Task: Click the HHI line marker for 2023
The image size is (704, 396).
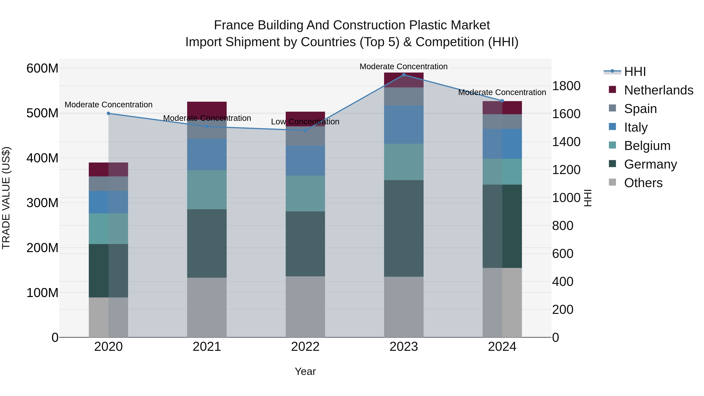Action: click(x=404, y=75)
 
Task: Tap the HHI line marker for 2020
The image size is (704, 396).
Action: click(x=109, y=113)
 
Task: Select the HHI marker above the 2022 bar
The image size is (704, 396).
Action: click(x=305, y=130)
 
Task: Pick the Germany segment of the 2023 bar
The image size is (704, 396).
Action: click(x=404, y=228)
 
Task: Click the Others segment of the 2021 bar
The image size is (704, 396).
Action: click(x=207, y=307)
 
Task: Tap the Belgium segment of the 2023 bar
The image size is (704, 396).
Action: click(x=404, y=162)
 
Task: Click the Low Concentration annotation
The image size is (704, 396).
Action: click(x=305, y=122)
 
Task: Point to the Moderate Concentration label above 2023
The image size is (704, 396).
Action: click(x=403, y=67)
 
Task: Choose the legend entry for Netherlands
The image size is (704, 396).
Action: click(x=659, y=90)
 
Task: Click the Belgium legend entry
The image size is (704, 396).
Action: click(x=647, y=146)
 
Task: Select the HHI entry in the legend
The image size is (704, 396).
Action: click(x=635, y=72)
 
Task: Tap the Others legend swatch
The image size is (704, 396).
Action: click(x=612, y=182)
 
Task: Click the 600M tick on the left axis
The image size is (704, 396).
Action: click(x=42, y=68)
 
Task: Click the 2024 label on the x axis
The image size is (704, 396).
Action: click(x=502, y=347)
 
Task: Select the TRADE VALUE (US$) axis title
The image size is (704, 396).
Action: click(x=6, y=198)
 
